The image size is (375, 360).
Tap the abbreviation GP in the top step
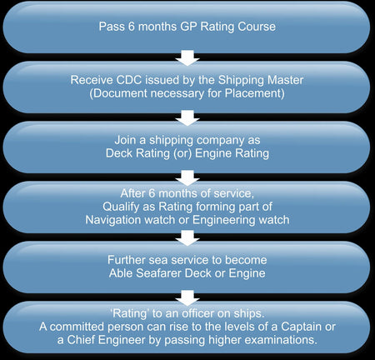coord(189,27)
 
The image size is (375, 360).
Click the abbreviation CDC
coord(129,80)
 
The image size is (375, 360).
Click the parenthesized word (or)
coord(182,153)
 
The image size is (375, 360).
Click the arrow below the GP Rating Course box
coord(187,57)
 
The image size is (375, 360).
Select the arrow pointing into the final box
coord(187,297)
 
